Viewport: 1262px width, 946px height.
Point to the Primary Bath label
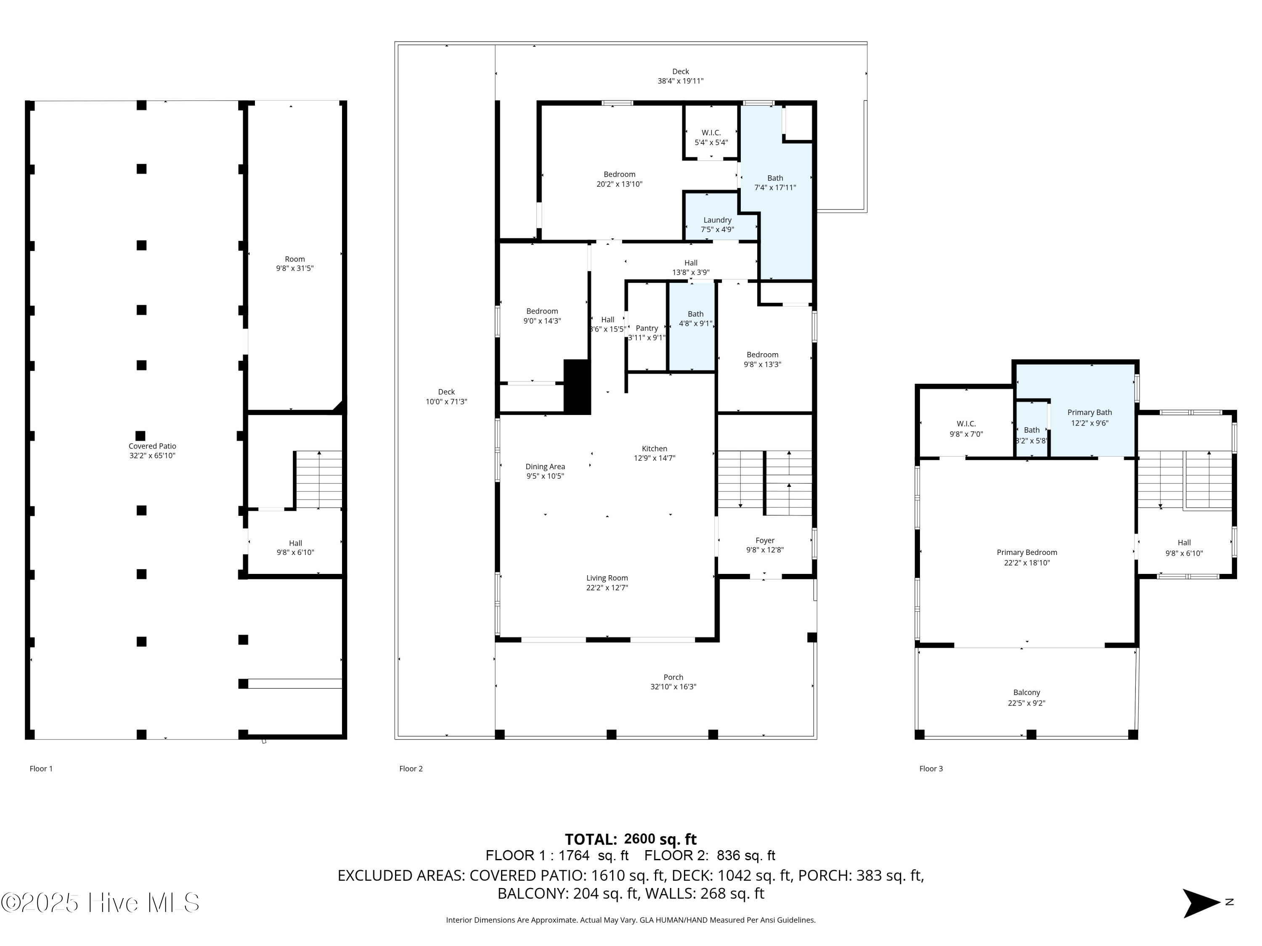(x=1089, y=412)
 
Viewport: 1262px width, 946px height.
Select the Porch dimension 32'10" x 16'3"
(x=673, y=687)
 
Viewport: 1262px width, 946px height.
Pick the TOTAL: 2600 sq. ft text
(x=631, y=839)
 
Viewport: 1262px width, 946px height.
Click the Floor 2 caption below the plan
(x=411, y=769)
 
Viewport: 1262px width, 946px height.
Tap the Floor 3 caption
(x=931, y=769)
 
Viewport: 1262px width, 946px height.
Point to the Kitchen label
(x=655, y=449)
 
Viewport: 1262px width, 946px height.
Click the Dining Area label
(x=545, y=466)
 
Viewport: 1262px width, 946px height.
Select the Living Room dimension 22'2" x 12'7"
(x=607, y=587)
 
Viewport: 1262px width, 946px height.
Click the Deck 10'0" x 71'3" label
(x=446, y=396)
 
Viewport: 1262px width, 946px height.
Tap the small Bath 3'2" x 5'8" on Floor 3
(x=1031, y=435)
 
